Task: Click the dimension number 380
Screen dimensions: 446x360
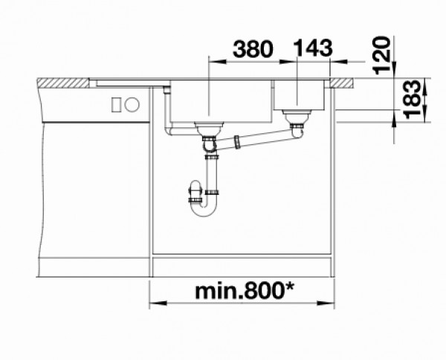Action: point(253,49)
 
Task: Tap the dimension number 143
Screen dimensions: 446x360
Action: point(313,48)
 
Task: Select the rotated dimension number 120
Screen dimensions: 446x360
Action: point(381,56)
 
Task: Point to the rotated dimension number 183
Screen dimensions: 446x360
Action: point(412,99)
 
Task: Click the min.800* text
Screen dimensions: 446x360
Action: point(245,291)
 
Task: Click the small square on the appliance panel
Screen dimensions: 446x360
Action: point(116,104)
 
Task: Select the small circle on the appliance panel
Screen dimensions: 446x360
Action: point(132,104)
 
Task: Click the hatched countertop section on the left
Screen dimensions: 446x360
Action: point(63,83)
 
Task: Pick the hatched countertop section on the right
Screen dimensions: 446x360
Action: point(342,83)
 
